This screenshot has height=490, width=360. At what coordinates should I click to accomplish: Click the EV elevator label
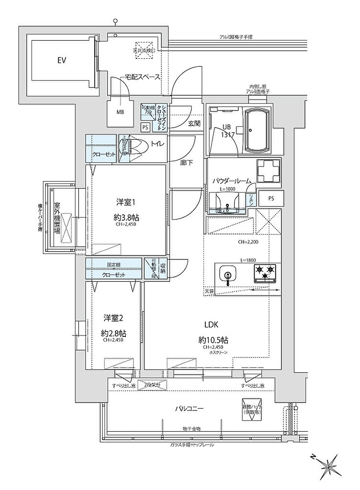click(x=62, y=61)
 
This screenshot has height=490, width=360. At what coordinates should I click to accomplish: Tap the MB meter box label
click(x=120, y=113)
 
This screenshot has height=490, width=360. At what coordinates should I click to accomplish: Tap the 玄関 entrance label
click(x=194, y=123)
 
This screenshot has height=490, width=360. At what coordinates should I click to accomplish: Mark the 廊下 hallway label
click(x=187, y=163)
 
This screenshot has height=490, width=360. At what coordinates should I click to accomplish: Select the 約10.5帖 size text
click(x=213, y=340)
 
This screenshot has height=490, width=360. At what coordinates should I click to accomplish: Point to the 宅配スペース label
click(x=142, y=77)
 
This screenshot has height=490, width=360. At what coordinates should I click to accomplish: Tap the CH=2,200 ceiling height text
click(x=248, y=242)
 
